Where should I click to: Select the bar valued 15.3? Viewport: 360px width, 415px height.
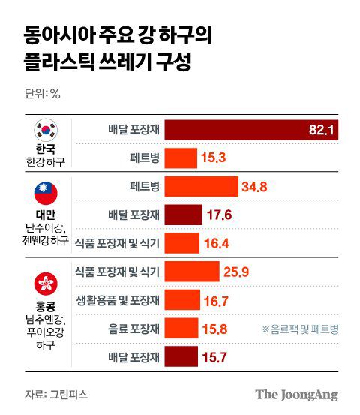pyautogui.click(x=181, y=158)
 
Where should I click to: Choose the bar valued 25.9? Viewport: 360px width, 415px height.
pyautogui.click(x=191, y=272)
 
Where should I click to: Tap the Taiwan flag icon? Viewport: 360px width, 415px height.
pyautogui.click(x=46, y=194)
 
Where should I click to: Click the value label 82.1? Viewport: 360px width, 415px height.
pyautogui.click(x=323, y=131)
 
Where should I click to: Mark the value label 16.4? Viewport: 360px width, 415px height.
pyautogui.click(x=217, y=244)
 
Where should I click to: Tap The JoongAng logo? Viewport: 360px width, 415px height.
pyautogui.click(x=296, y=394)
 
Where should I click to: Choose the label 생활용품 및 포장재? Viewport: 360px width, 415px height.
pyautogui.click(x=113, y=300)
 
